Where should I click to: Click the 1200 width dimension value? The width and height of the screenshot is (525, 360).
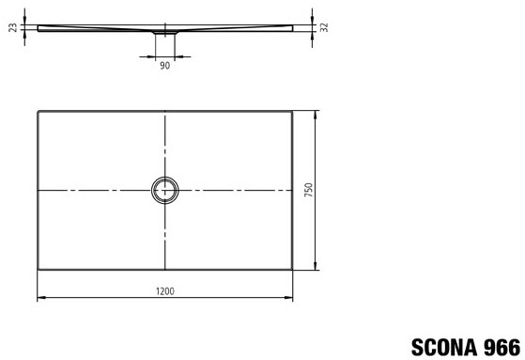click(x=165, y=291)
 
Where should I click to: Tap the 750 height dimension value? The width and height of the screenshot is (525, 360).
click(x=309, y=190)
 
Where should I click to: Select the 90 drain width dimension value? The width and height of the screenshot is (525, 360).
click(x=164, y=66)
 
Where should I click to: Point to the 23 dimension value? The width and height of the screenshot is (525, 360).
click(x=13, y=27)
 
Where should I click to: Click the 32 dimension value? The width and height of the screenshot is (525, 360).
click(x=324, y=27)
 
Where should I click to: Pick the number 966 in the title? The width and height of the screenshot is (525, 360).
click(x=502, y=347)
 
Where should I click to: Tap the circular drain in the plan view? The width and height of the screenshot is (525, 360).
click(x=164, y=177)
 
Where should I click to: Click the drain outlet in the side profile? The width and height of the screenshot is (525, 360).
click(x=165, y=33)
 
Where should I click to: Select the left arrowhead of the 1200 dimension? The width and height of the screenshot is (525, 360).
click(x=40, y=297)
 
